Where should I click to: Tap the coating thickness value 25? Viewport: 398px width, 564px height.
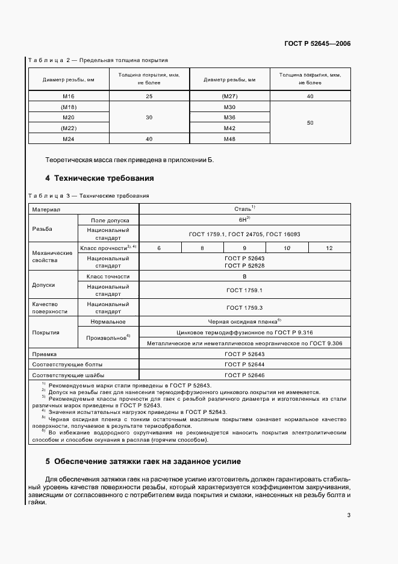coord(149,96)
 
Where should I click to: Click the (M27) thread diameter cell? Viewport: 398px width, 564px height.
coord(229,96)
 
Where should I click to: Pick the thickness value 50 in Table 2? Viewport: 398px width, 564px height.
coord(310,123)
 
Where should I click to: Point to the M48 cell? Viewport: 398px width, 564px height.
coord(229,139)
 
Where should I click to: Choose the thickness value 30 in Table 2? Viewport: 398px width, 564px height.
coord(149,117)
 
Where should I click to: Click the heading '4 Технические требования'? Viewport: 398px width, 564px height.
coord(99,178)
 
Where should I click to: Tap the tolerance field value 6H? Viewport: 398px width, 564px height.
coord(244,220)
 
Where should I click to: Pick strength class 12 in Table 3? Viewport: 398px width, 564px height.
coord(329,248)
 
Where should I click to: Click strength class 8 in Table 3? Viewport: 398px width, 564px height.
coord(202,248)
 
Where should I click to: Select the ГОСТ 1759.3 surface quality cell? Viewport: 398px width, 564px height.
coord(244,308)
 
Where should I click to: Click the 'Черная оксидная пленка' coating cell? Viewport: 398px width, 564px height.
coord(244,322)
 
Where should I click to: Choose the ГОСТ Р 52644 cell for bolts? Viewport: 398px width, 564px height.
coord(244,365)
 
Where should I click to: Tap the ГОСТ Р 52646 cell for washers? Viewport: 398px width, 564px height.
coord(244,375)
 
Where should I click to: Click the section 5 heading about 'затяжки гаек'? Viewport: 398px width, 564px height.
coord(143,462)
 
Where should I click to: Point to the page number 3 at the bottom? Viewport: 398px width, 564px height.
coord(349,515)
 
